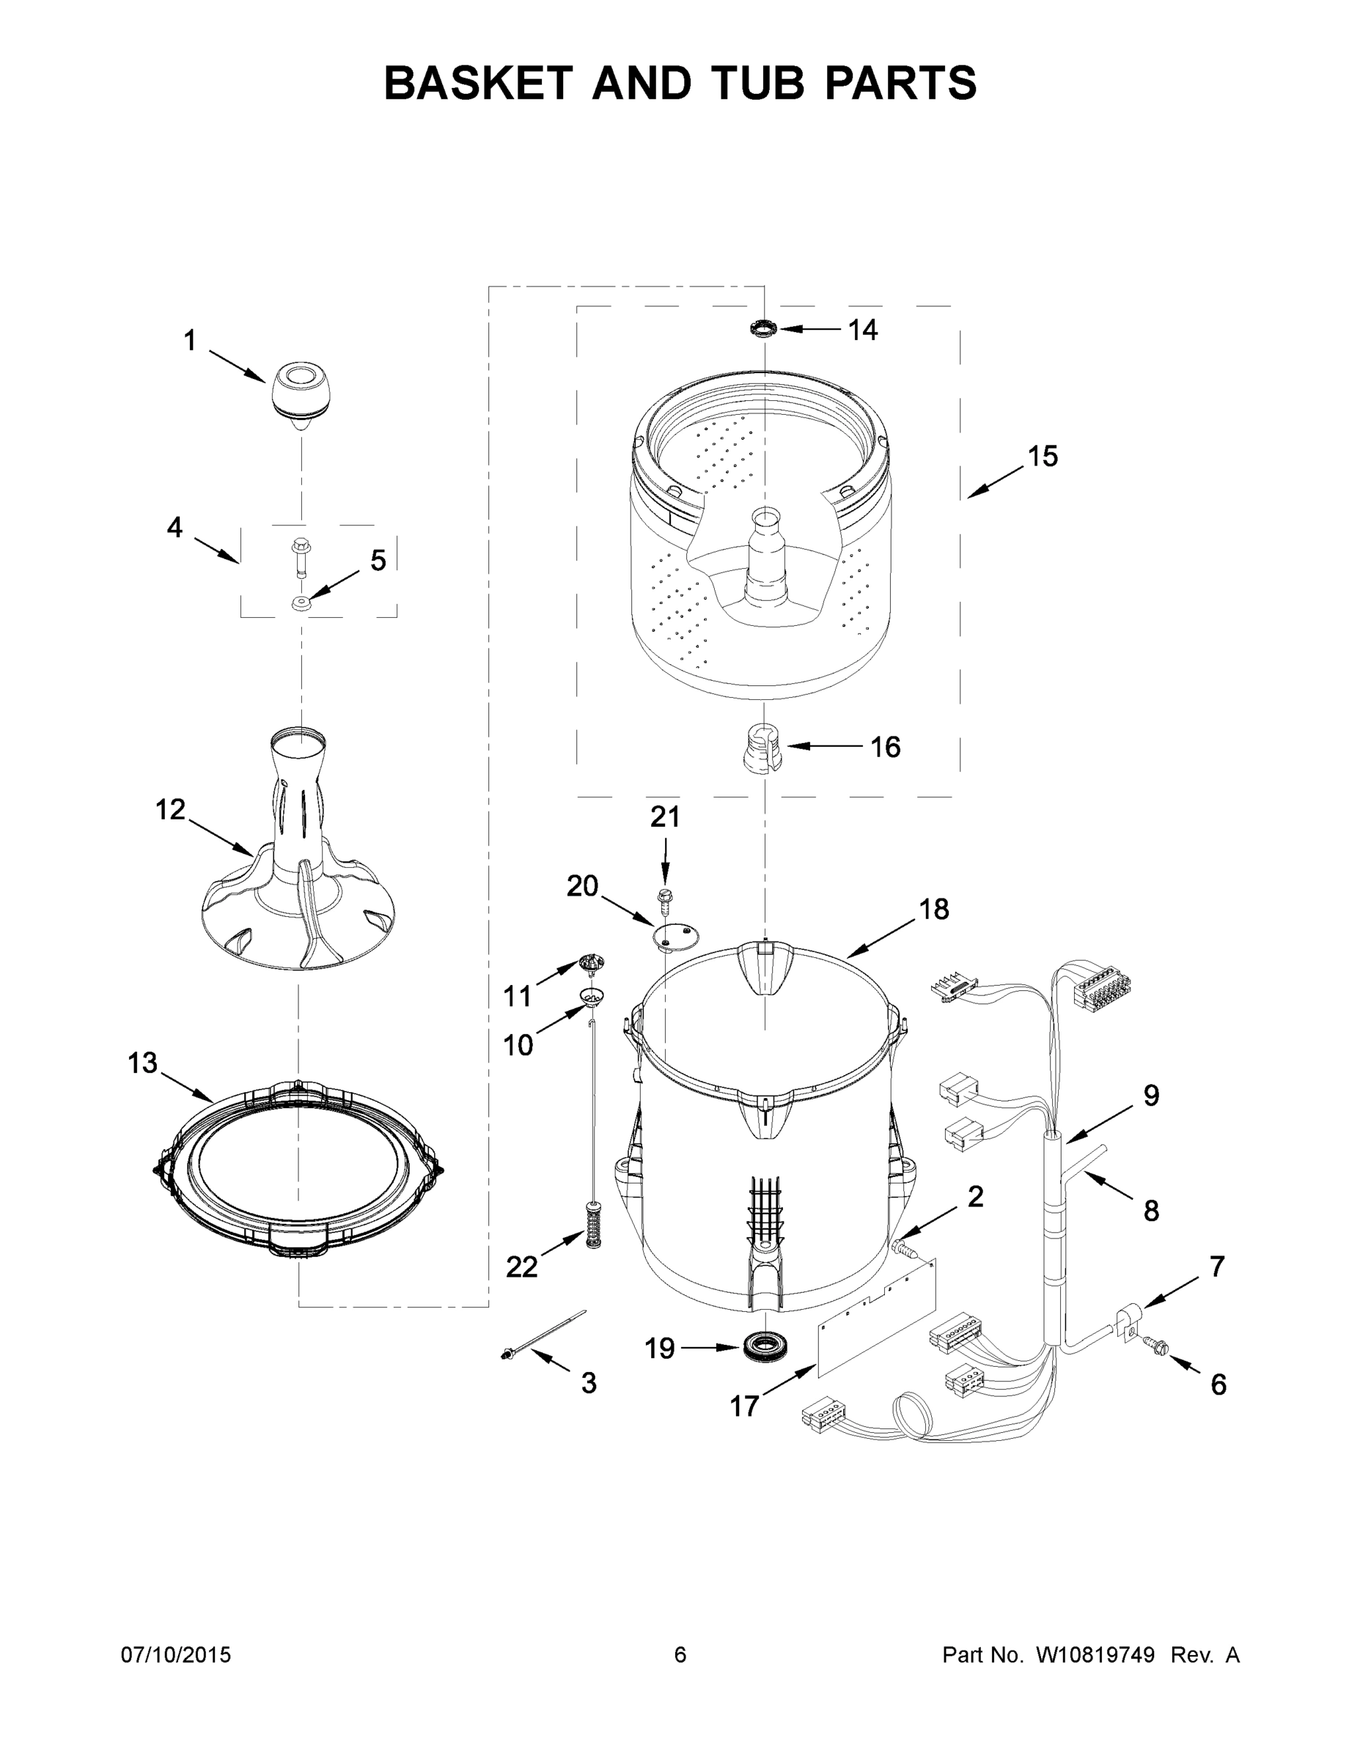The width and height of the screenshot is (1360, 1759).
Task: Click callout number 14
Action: pyautogui.click(x=862, y=331)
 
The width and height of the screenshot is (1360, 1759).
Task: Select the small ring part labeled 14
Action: pyautogui.click(x=763, y=328)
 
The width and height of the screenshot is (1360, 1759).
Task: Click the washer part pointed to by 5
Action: pyautogui.click(x=301, y=603)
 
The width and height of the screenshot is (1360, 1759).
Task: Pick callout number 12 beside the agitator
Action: pyautogui.click(x=171, y=809)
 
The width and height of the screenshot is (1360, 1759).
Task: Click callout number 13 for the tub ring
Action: pyautogui.click(x=143, y=1063)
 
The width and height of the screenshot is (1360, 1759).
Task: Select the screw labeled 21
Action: pyautogui.click(x=666, y=899)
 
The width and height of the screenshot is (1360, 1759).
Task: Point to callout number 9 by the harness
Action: pyautogui.click(x=1150, y=1096)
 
